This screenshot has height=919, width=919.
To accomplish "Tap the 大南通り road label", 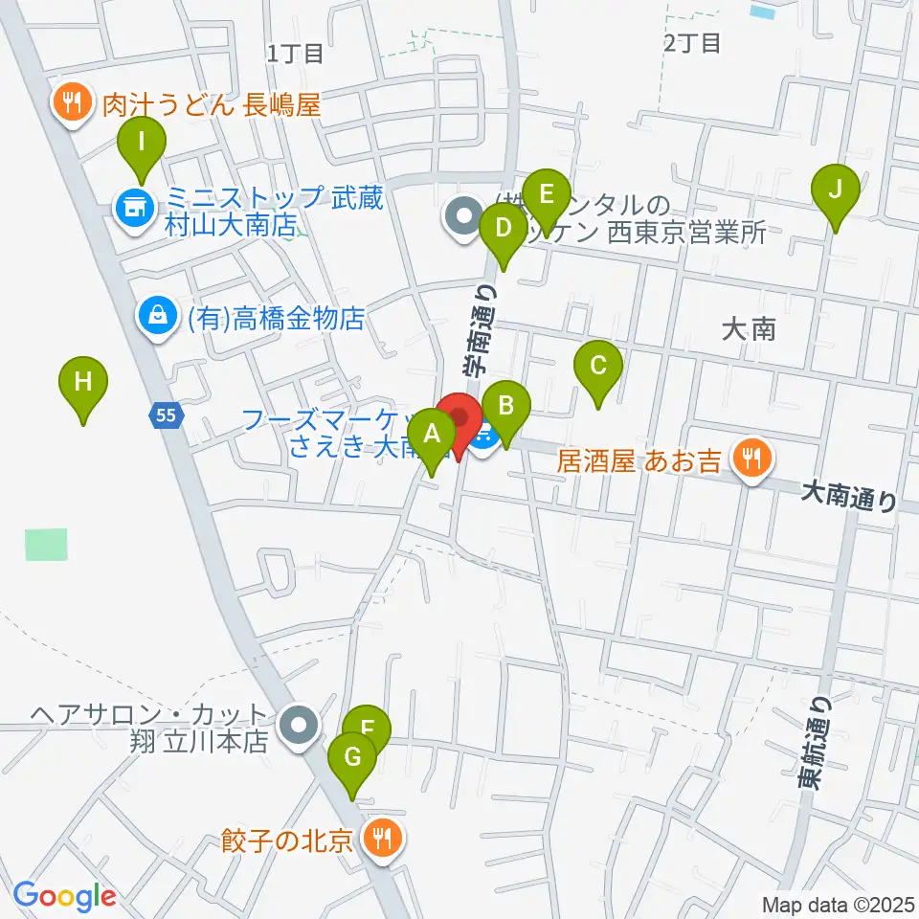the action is [x=848, y=496].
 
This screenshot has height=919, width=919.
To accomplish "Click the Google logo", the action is [x=64, y=896].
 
